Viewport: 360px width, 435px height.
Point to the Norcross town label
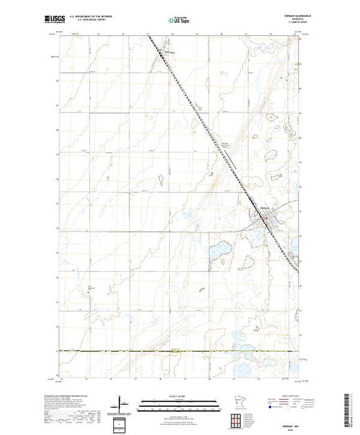click(170, 50)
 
